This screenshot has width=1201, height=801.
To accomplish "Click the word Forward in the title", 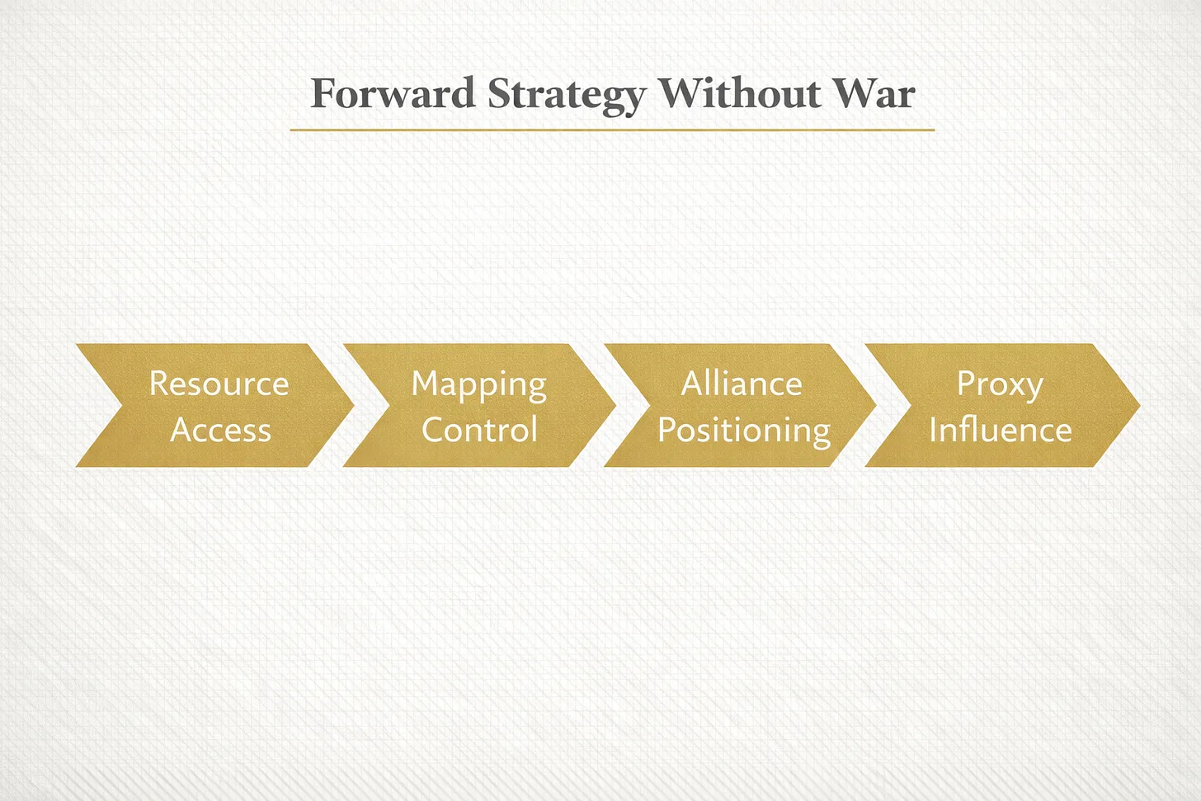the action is pyautogui.click(x=393, y=93).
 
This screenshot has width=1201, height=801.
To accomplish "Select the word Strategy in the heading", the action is pyautogui.click(x=567, y=97).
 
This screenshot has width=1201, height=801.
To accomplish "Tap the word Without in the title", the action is pyautogui.click(x=740, y=93).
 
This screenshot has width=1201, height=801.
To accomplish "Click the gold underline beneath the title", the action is pyautogui.click(x=612, y=130).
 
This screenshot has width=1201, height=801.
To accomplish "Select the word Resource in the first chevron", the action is pyautogui.click(x=219, y=384).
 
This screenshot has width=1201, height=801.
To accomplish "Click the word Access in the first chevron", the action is pyautogui.click(x=220, y=430).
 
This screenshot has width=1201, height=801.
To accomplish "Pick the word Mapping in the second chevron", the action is pyautogui.click(x=478, y=386).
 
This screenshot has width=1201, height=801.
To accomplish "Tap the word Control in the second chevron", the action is pyautogui.click(x=479, y=429).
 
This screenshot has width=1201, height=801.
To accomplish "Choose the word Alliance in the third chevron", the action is pyautogui.click(x=742, y=383).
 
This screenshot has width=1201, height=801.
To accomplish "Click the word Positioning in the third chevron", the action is pyautogui.click(x=744, y=432).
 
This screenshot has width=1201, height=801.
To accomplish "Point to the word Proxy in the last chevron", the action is pyautogui.click(x=1001, y=386).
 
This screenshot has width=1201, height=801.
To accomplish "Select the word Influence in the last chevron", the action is pyautogui.click(x=1001, y=429).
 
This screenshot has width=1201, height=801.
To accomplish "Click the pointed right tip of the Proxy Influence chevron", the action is pyautogui.click(x=1140, y=405).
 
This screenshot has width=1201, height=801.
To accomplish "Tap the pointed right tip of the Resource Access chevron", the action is pyautogui.click(x=354, y=405).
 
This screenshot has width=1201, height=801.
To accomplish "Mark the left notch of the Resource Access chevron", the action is pyautogui.click(x=122, y=405).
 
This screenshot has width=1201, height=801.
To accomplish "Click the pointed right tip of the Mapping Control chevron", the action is pyautogui.click(x=615, y=405).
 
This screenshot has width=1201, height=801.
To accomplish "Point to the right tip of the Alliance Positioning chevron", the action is pyautogui.click(x=876, y=405).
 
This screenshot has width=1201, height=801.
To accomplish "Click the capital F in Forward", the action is pyautogui.click(x=323, y=94).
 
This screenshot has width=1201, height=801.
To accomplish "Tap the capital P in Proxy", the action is pyautogui.click(x=967, y=384).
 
